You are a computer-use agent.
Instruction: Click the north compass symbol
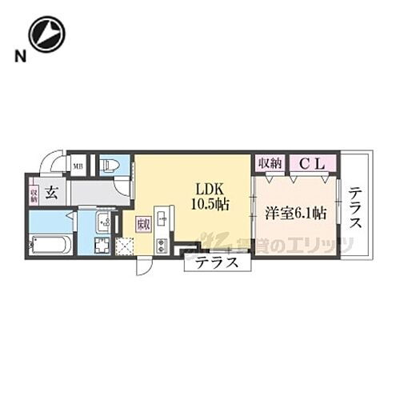point(46,34)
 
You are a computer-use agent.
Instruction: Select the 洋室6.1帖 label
point(295,213)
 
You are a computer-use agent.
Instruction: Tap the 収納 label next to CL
point(270,163)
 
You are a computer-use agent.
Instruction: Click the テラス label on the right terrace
point(355,206)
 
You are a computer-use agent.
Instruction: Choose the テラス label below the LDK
point(217,262)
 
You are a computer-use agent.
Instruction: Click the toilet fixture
point(110,166)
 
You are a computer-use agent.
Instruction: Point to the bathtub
point(50,244)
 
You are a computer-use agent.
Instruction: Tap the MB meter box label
point(78,166)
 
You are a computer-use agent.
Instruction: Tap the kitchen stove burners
point(162,246)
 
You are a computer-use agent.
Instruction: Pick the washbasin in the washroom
point(104,223)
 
